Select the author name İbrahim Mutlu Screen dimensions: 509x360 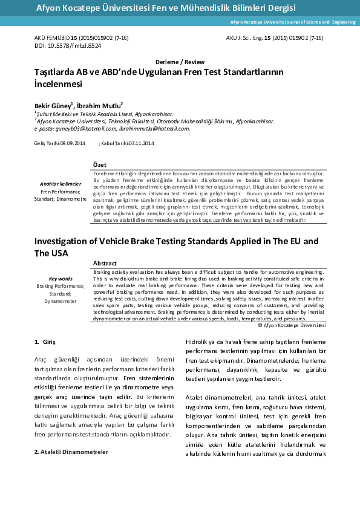tap(106, 105)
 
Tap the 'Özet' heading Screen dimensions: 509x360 tap(100, 165)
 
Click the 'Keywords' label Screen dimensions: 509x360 tap(61, 279)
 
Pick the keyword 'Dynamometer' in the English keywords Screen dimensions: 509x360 tap(61, 300)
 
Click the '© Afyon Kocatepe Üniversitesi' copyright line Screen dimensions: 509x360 tap(292, 325)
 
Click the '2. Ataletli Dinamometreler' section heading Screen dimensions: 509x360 tap(71, 451)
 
